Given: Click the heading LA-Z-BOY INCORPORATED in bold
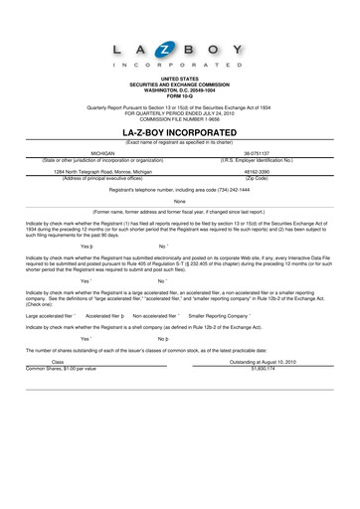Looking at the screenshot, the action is pyautogui.click(x=180, y=131).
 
